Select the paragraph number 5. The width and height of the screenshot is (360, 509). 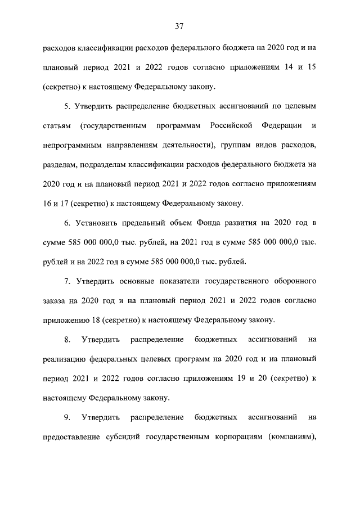tap(67, 106)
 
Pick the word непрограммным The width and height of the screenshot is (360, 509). tap(70, 146)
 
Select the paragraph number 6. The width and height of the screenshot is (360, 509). tap(67, 224)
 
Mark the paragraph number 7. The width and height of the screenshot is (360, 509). tap(67, 280)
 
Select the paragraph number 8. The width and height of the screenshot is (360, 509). tap(67, 339)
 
